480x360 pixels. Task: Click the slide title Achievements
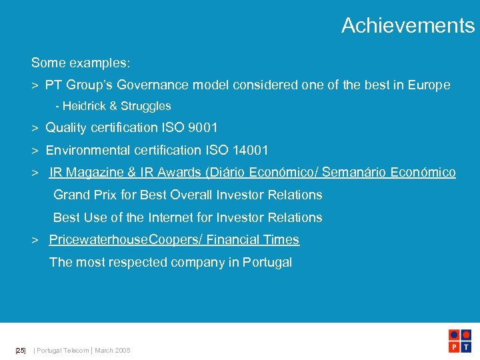tap(408, 25)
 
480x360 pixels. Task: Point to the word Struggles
tap(146, 106)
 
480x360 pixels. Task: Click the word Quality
tap(68, 127)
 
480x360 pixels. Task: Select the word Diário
tap(228, 173)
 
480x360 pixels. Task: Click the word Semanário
tap(353, 173)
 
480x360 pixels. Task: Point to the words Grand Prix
tap(85, 195)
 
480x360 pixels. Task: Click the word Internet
tap(172, 217)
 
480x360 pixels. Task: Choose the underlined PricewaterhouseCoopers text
tap(125, 240)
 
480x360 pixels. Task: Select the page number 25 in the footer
tap(20, 351)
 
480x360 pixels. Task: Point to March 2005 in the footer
tap(113, 351)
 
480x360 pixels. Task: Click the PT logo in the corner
tap(461, 341)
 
